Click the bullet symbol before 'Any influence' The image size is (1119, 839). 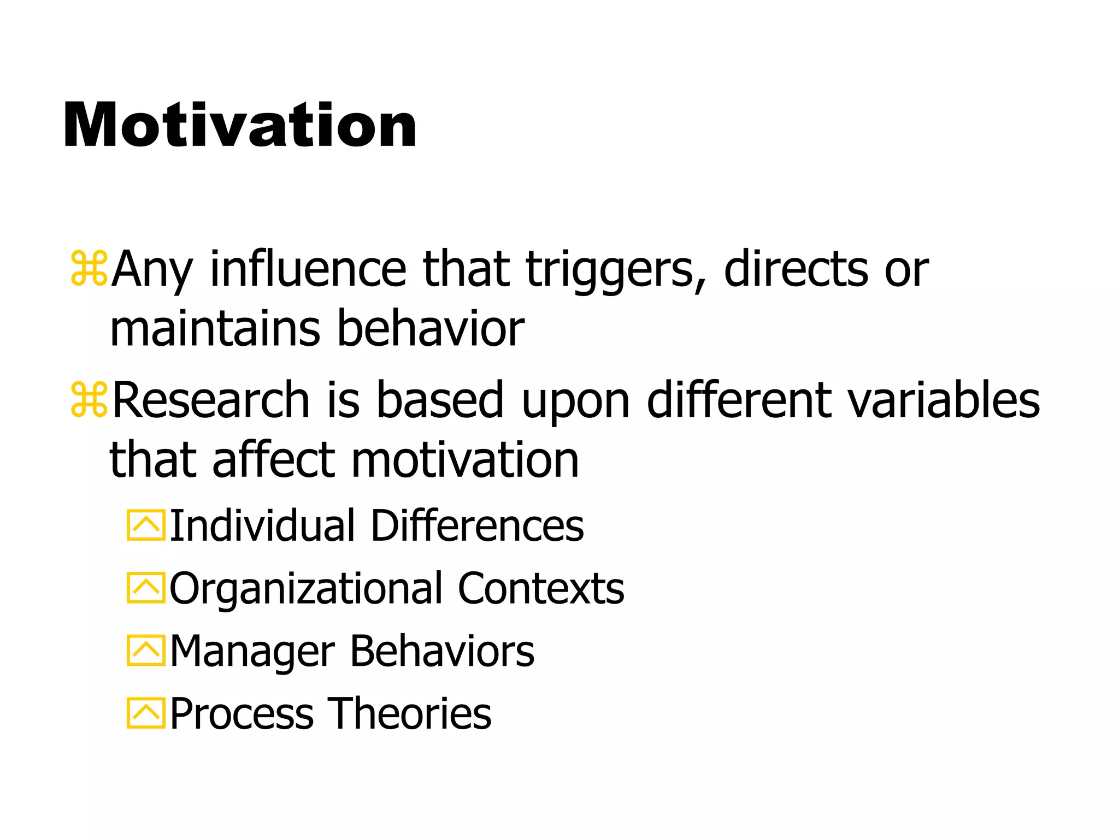(x=89, y=269)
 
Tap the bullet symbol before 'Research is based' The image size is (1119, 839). (x=89, y=400)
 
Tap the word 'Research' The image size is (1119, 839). (x=211, y=401)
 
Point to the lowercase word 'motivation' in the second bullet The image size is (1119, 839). (x=464, y=460)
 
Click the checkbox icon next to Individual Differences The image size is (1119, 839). (x=145, y=525)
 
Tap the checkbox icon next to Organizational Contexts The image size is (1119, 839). (x=145, y=588)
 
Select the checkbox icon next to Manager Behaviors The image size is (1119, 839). (x=145, y=651)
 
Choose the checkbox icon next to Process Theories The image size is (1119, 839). (x=145, y=713)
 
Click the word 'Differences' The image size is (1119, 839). (x=477, y=525)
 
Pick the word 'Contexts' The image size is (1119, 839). (x=541, y=588)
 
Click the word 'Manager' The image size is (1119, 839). (x=252, y=651)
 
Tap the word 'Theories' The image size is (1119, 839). (x=409, y=713)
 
